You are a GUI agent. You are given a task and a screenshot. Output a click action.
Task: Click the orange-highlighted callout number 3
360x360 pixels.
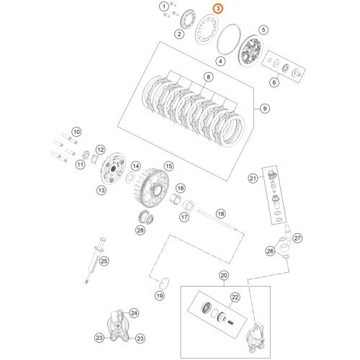(x=218, y=8)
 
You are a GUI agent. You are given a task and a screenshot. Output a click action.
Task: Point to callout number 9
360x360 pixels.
(x=266, y=108)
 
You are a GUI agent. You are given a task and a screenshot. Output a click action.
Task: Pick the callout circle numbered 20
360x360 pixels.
(x=223, y=276)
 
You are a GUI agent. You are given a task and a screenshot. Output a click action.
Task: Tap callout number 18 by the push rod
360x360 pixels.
(x=221, y=214)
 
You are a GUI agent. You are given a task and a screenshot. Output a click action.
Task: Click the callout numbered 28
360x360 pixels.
(x=140, y=230)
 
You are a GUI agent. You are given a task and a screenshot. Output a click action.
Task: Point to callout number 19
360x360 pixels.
(x=160, y=296)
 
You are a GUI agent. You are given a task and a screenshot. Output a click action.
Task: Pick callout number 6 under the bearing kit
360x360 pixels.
(x=273, y=82)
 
